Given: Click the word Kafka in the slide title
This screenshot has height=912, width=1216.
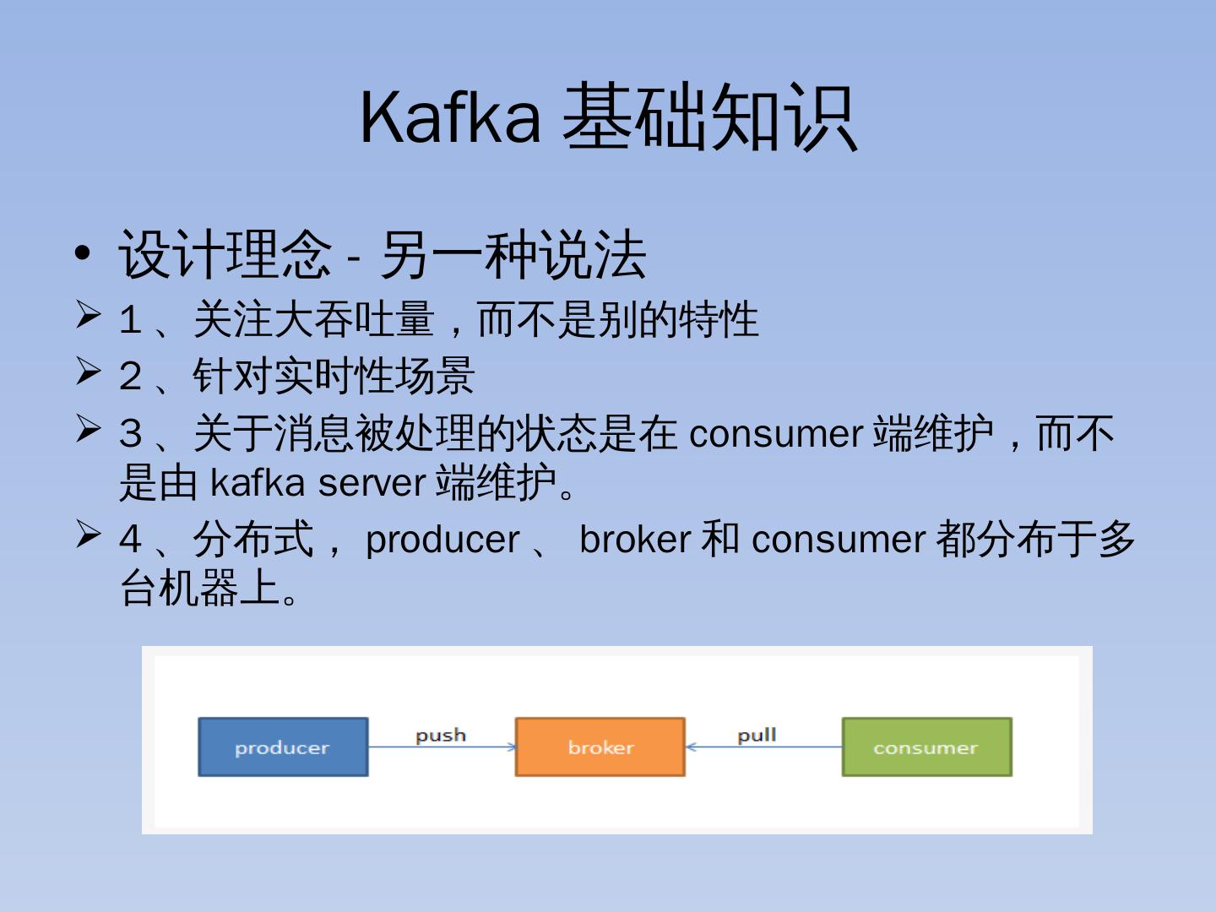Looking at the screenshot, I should click(450, 117).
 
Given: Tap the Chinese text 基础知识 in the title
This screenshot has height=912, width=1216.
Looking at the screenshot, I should click(710, 117).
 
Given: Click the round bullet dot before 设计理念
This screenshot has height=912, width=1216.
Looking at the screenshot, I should click(82, 253).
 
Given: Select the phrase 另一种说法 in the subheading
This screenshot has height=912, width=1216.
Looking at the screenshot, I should click(513, 254).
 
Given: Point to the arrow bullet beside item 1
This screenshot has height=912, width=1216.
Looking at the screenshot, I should click(89, 314).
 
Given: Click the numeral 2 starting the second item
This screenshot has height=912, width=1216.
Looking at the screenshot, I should click(130, 377).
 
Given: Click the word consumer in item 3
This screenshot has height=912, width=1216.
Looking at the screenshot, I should click(775, 434).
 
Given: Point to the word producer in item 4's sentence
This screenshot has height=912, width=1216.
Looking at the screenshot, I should click(442, 540).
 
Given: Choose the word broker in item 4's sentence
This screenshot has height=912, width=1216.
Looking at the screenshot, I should click(635, 540).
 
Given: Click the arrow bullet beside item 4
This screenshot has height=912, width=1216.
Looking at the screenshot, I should click(89, 534).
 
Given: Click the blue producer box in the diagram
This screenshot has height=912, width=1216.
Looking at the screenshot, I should click(283, 747).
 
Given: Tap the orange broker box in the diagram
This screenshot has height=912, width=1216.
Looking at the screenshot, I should click(600, 747).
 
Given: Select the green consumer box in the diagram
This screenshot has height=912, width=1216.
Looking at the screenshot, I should click(926, 747).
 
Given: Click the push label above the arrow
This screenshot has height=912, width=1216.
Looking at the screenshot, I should click(440, 735).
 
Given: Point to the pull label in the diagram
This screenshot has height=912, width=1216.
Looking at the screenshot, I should click(757, 735).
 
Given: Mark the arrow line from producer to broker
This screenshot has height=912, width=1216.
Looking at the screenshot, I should click(441, 747).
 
